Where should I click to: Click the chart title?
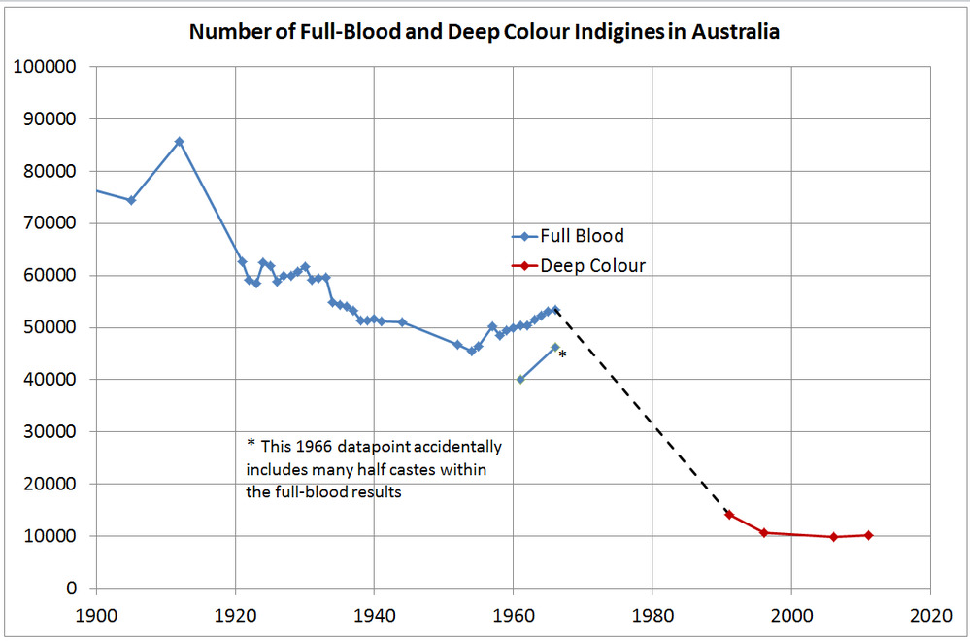tap(485, 31)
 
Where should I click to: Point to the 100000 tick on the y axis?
tap(49, 67)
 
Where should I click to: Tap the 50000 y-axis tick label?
tap(54, 327)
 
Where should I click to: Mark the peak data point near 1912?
tap(180, 142)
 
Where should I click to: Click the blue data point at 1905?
tap(131, 200)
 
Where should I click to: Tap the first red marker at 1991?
tap(729, 515)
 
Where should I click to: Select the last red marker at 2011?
tap(868, 535)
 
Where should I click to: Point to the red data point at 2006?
tap(833, 537)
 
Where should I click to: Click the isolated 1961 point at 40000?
tap(520, 380)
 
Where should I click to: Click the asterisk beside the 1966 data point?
tap(562, 356)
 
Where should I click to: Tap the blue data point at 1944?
tap(402, 322)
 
